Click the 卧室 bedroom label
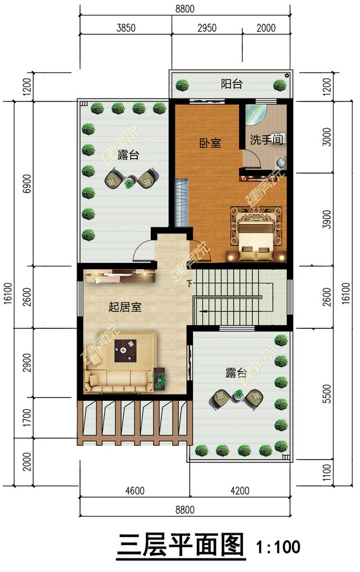(x=210, y=143)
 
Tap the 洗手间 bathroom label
(x=266, y=140)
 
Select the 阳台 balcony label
(x=231, y=84)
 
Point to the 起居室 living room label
(x=125, y=307)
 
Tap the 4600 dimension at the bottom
(x=134, y=490)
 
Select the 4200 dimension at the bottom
(x=238, y=490)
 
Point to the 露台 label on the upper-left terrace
(x=128, y=155)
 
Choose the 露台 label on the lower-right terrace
(x=236, y=373)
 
